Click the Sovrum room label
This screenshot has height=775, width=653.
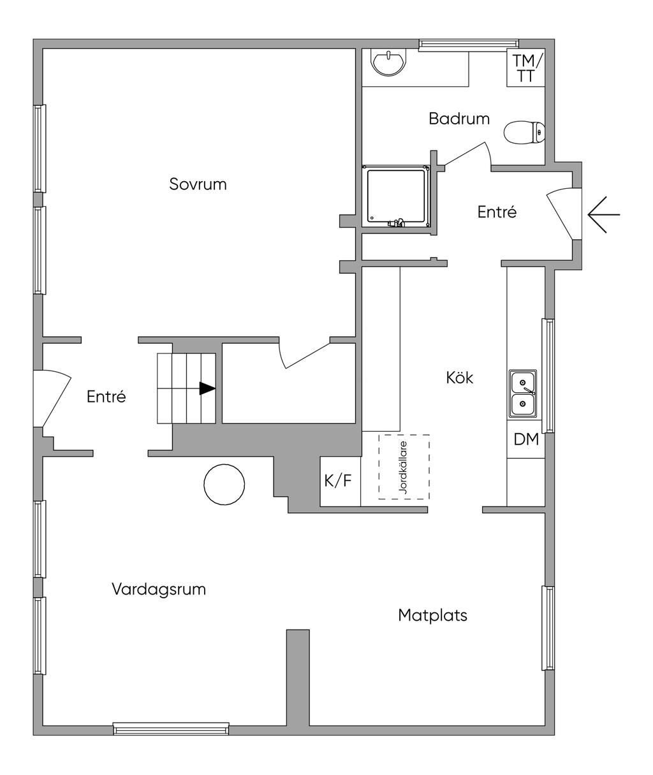click(x=198, y=184)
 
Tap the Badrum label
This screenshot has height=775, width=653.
click(x=459, y=119)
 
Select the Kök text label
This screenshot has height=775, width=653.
click(x=459, y=378)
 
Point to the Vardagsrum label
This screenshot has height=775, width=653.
click(x=159, y=589)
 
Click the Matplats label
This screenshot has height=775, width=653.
click(x=432, y=616)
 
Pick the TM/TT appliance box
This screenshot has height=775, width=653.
click(x=525, y=68)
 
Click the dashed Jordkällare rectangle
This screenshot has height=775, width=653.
click(x=404, y=467)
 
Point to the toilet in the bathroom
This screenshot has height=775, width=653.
click(x=524, y=133)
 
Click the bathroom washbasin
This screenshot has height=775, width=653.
click(x=389, y=63)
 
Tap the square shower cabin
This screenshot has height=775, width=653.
click(x=396, y=196)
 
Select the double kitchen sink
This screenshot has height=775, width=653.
click(x=523, y=394)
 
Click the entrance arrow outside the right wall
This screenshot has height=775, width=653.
click(x=604, y=214)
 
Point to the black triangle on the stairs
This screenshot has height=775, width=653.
click(x=207, y=388)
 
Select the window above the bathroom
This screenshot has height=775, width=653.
click(x=469, y=45)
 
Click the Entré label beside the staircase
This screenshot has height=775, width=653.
click(x=106, y=397)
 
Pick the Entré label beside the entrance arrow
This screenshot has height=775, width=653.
click(x=497, y=212)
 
